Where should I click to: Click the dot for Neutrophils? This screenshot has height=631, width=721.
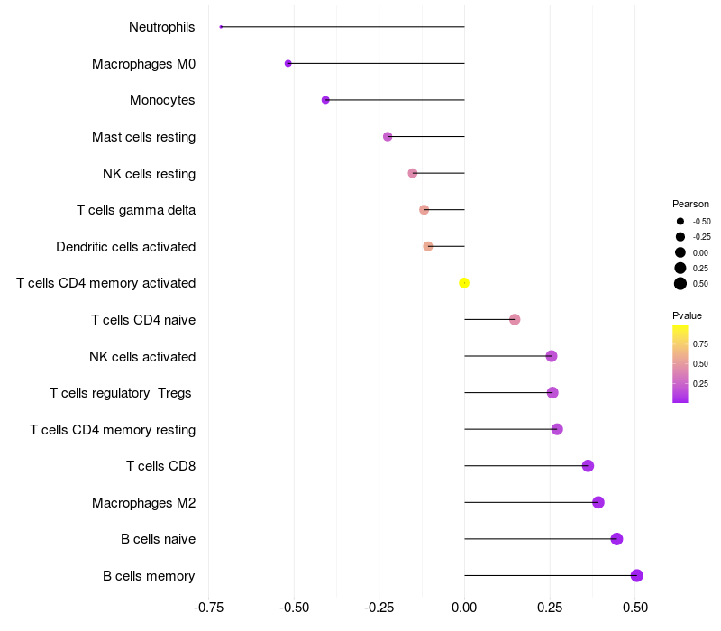click(x=221, y=27)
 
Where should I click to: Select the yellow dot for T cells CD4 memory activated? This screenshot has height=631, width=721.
click(x=464, y=283)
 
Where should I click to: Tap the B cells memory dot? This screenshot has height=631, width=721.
click(x=637, y=575)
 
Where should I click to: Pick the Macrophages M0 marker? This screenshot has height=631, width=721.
click(x=287, y=63)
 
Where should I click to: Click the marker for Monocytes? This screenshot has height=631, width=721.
click(x=325, y=100)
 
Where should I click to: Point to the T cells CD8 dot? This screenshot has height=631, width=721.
click(x=588, y=466)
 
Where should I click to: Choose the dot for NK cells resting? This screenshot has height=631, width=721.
click(x=413, y=173)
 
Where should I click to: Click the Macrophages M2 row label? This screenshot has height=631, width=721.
click(x=143, y=502)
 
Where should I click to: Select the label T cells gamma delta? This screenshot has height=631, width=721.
click(x=136, y=210)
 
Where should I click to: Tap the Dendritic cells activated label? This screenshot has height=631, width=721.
click(x=125, y=247)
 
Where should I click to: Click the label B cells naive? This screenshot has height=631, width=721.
click(x=158, y=539)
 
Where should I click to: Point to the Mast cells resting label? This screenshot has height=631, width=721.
click(x=143, y=137)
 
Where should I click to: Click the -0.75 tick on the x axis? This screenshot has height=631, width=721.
click(x=209, y=608)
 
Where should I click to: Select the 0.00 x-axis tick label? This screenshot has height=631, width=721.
click(x=464, y=608)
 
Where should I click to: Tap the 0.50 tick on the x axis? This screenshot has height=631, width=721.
click(x=635, y=608)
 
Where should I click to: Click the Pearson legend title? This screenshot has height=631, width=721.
click(x=690, y=204)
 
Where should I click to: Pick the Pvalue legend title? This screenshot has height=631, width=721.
click(x=687, y=315)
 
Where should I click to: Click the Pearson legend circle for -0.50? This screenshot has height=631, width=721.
click(x=680, y=221)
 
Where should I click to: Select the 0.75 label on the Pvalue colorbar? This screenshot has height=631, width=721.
click(x=700, y=343)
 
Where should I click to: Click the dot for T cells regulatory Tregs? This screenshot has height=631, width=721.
click(x=552, y=393)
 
